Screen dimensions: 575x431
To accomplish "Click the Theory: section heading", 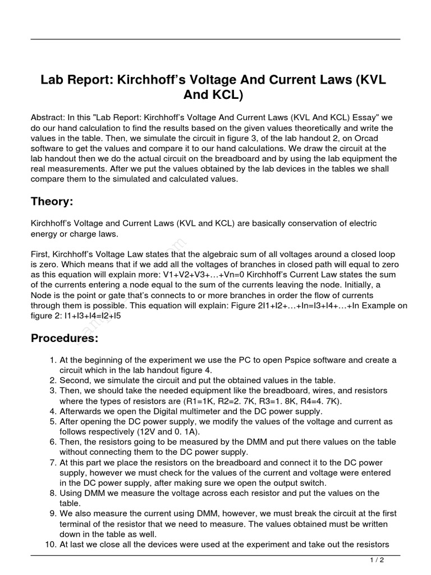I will [x=52, y=202].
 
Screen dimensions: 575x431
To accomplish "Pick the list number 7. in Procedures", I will [x=53, y=463].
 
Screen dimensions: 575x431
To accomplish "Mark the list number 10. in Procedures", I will [x=52, y=544].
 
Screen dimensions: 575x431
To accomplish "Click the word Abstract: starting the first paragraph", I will [x=48, y=118].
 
